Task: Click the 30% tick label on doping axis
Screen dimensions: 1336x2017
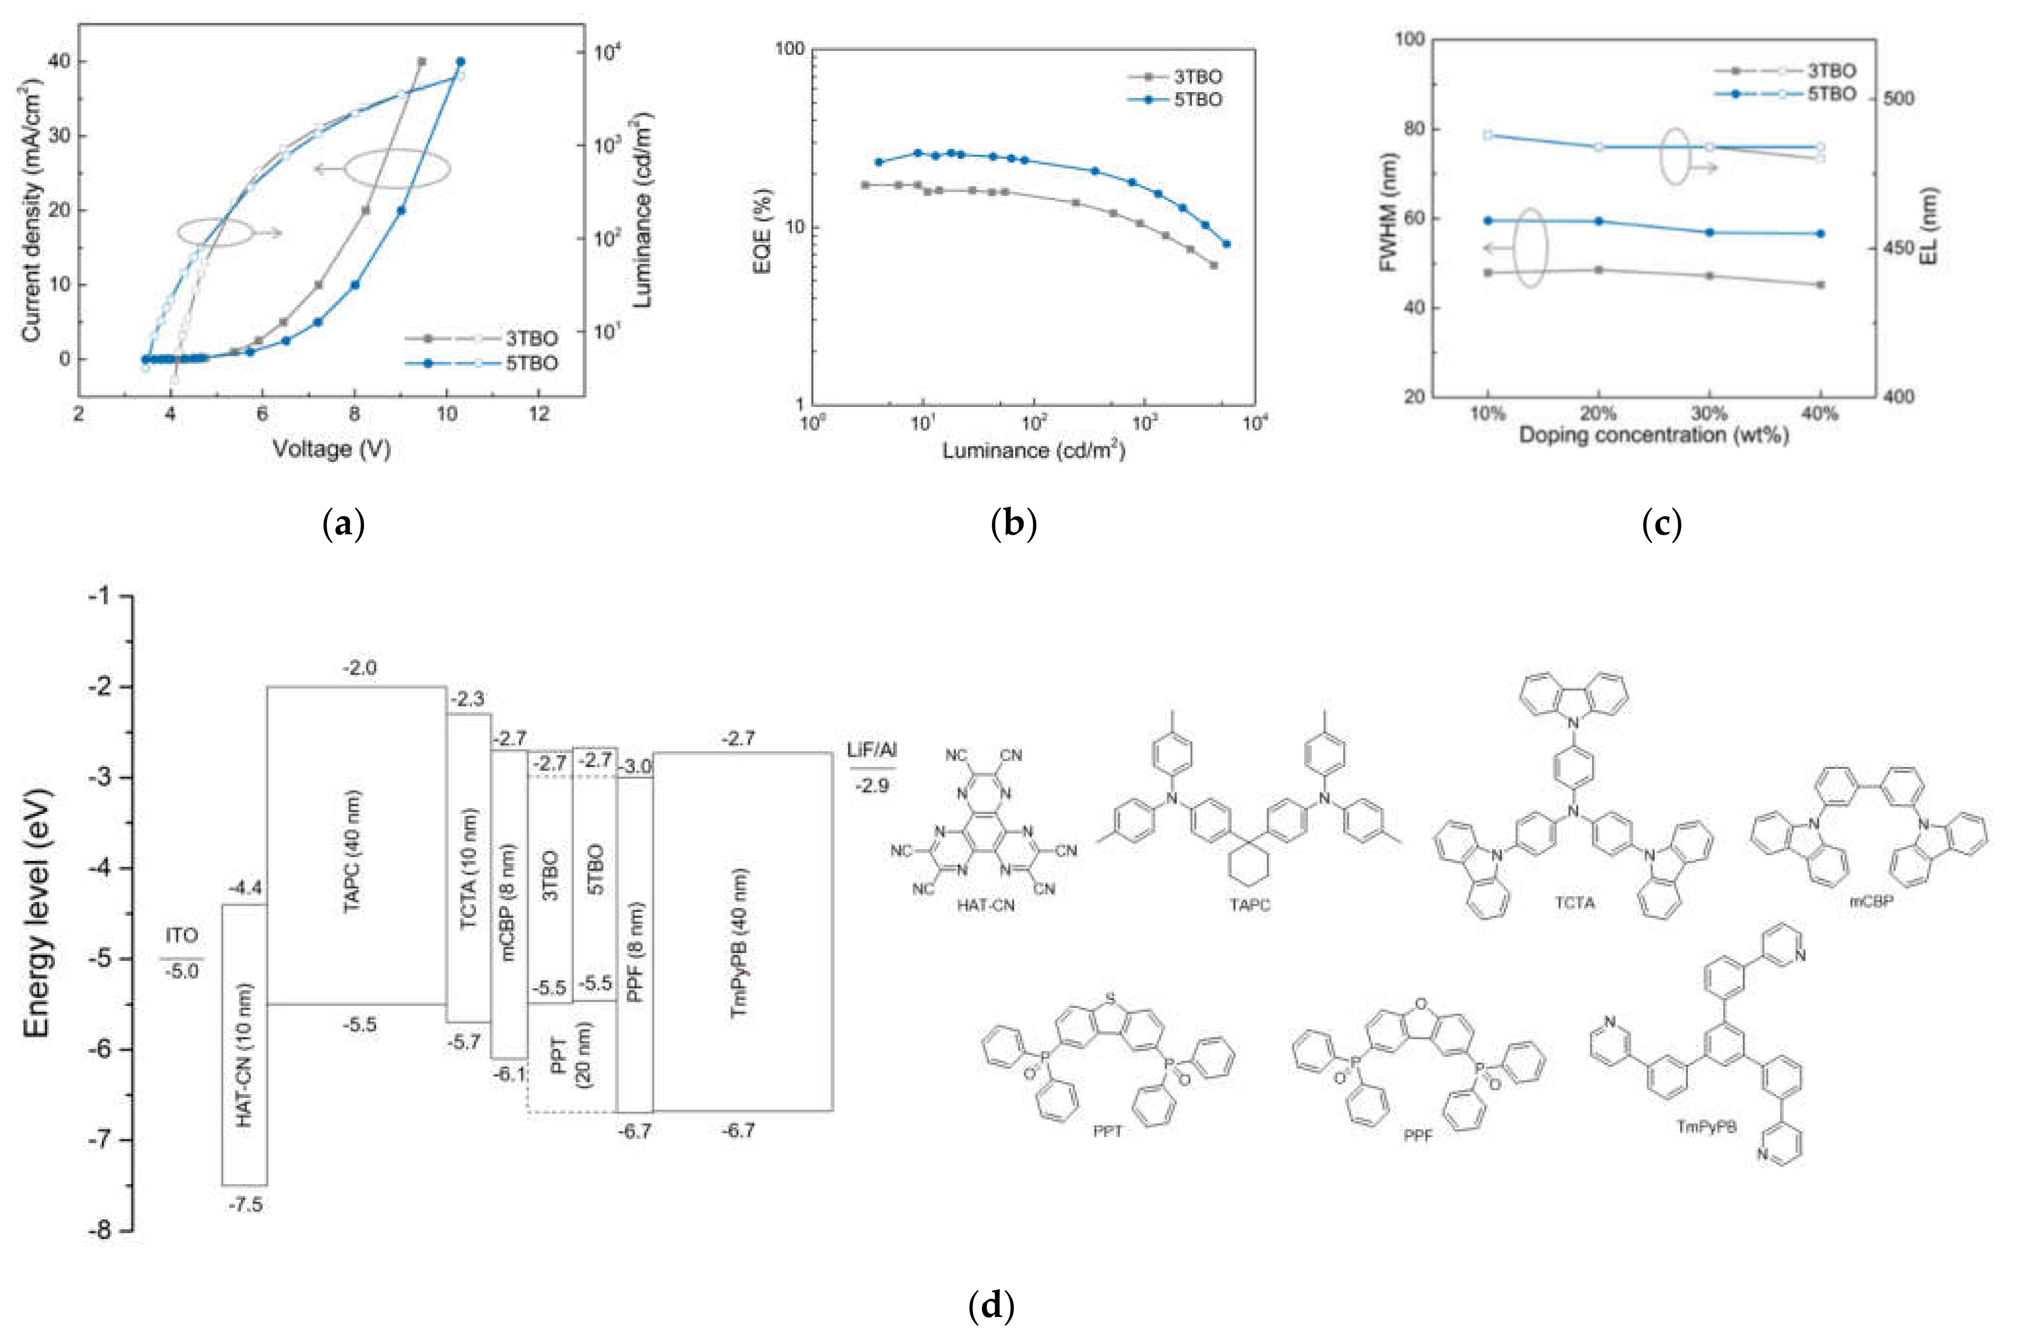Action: (1709, 414)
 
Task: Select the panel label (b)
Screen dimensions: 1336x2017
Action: (1014, 523)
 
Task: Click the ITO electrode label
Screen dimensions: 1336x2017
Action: (182, 935)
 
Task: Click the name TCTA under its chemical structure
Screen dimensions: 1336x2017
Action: (1574, 902)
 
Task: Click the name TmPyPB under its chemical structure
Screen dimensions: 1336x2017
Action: (1706, 1127)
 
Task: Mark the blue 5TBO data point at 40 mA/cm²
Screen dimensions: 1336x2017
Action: (460, 61)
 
